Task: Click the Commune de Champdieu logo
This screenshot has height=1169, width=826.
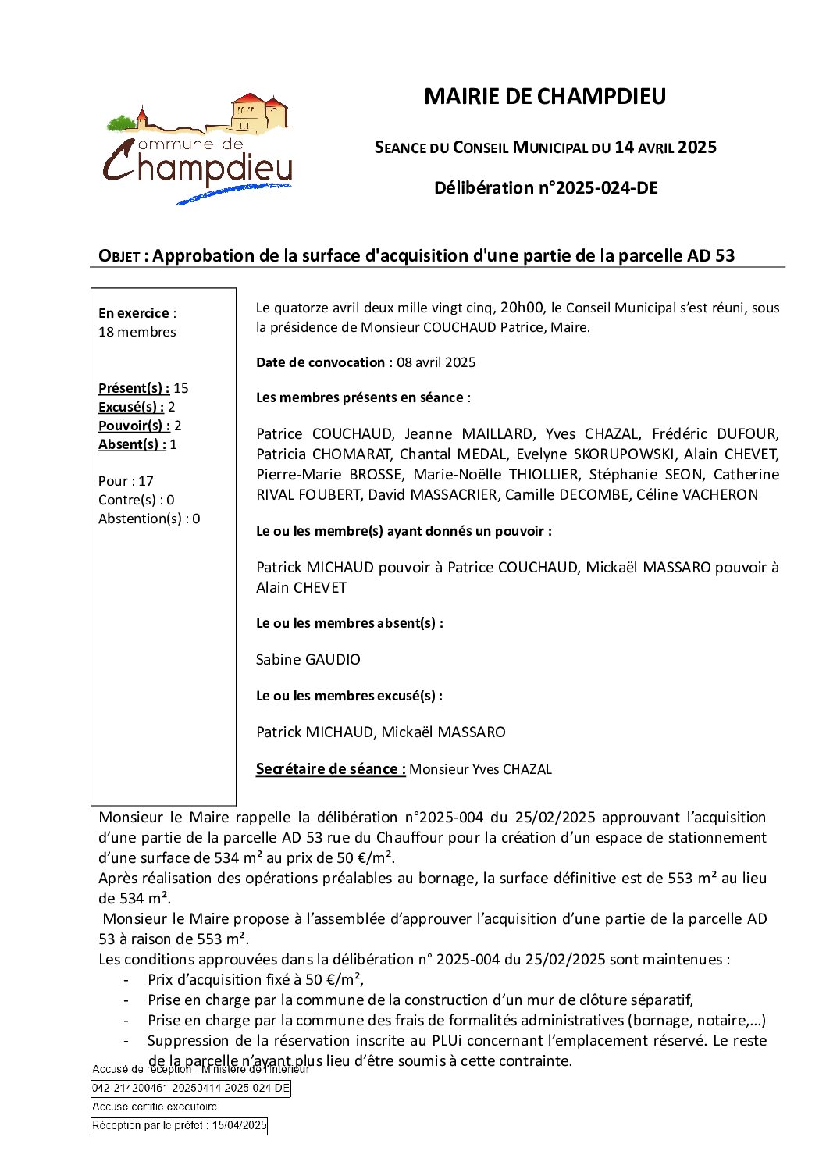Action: (198, 149)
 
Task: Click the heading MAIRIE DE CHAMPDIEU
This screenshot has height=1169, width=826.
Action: (545, 96)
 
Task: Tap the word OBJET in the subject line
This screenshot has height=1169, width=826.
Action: (119, 256)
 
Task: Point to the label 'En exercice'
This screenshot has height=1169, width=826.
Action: (134, 313)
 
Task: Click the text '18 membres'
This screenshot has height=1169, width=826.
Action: (137, 332)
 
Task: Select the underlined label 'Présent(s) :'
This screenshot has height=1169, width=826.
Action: (134, 388)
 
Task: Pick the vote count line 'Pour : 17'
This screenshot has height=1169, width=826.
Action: (126, 481)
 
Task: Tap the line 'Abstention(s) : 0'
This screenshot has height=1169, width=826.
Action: (149, 519)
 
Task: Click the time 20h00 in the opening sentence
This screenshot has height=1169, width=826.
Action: (522, 307)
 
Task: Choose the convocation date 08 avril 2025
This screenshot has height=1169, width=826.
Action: (436, 362)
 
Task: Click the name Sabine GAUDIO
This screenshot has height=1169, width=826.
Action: (308, 660)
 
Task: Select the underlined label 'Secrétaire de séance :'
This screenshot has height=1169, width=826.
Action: (331, 769)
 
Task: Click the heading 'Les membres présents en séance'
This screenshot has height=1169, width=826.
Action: (360, 397)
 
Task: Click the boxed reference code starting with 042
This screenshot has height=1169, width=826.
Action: (190, 1088)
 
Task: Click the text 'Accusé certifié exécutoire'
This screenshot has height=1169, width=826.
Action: (155, 1107)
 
